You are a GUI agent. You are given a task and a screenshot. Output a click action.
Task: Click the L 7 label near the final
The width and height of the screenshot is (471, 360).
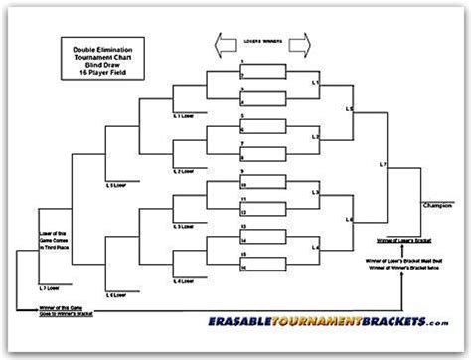click(384, 161)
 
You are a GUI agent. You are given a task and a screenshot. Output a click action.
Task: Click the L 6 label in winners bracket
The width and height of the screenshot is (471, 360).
click(349, 218)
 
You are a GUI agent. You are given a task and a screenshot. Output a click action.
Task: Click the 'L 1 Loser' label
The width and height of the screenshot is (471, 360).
click(183, 117)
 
